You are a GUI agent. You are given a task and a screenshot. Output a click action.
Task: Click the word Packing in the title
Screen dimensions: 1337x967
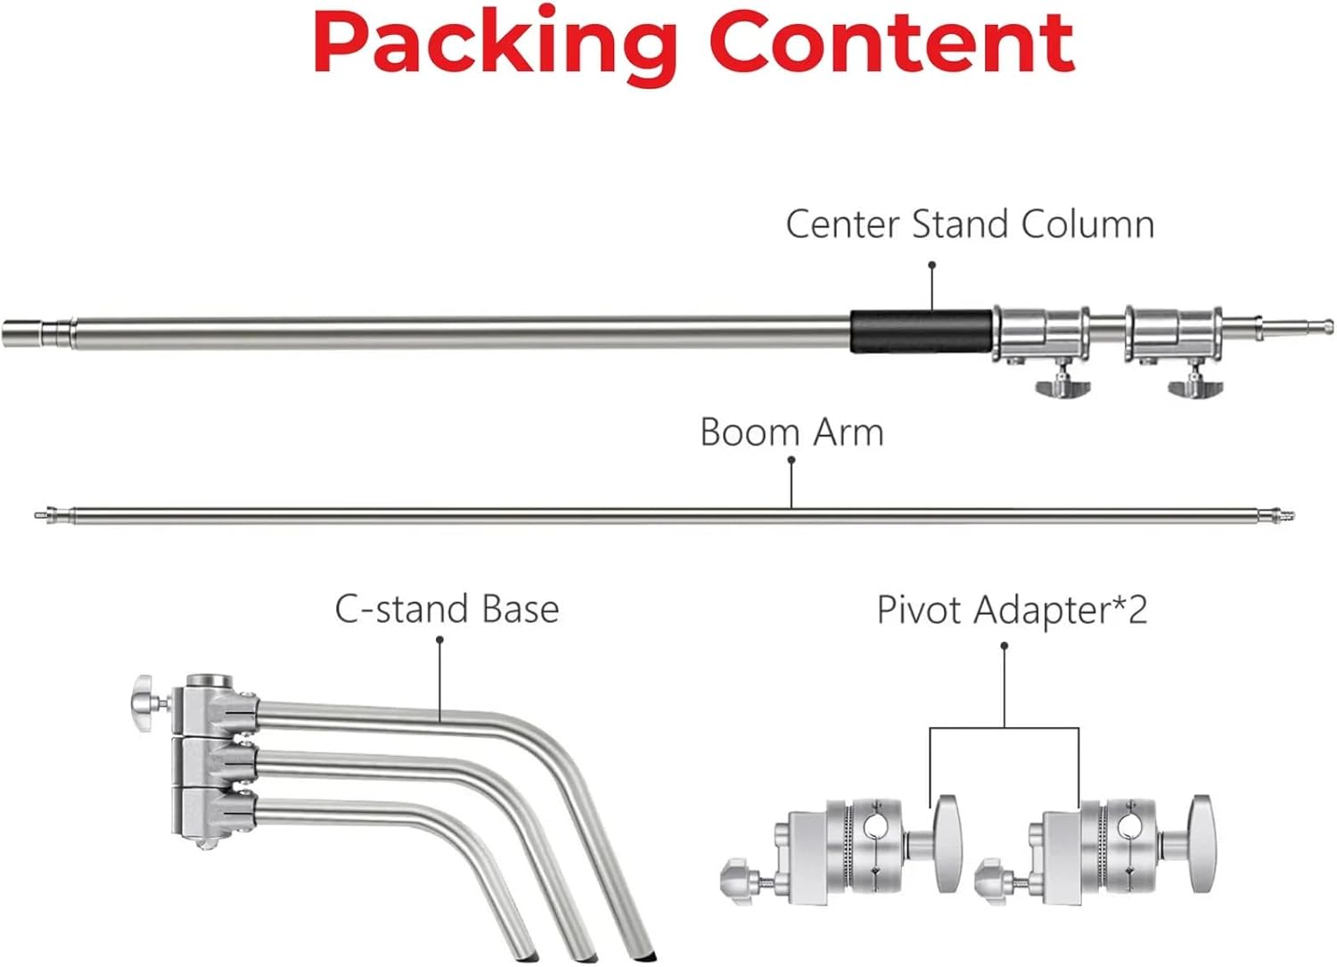click(x=496, y=45)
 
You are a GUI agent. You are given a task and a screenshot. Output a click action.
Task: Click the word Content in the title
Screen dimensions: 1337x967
click(x=892, y=42)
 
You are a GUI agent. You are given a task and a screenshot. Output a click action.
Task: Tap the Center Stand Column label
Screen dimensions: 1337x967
click(x=970, y=225)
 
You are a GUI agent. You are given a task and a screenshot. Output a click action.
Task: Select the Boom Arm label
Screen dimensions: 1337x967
click(x=792, y=432)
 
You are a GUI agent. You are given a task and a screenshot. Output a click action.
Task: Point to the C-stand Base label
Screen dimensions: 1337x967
click(x=447, y=610)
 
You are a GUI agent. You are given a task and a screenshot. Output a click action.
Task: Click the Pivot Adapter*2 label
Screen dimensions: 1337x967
click(x=1013, y=610)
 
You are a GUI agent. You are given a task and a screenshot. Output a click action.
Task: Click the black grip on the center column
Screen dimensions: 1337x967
click(x=922, y=332)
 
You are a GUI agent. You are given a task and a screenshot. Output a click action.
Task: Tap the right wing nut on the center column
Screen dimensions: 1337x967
click(x=1195, y=384)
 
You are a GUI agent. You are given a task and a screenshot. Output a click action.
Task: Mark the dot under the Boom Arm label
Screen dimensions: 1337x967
click(x=792, y=460)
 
